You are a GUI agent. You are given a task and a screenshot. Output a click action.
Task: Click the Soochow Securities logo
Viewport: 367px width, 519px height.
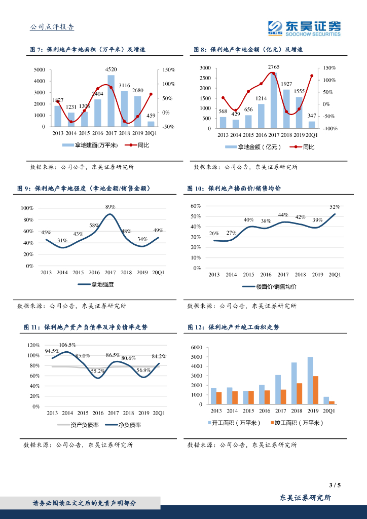point(304,28)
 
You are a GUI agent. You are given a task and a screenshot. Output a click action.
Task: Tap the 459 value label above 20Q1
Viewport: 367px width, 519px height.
point(151,116)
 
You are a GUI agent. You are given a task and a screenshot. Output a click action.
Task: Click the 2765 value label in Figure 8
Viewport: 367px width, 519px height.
point(274,67)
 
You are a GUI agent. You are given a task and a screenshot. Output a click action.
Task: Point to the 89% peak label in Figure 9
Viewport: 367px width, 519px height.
point(110,207)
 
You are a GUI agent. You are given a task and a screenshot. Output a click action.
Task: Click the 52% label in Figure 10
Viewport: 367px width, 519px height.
point(335,207)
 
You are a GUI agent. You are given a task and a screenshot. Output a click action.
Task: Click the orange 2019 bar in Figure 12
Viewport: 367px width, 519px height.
point(315,390)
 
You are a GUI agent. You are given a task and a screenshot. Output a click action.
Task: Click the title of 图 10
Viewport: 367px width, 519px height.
point(234,189)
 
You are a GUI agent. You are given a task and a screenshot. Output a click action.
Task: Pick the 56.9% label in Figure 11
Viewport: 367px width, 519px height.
point(143,370)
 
